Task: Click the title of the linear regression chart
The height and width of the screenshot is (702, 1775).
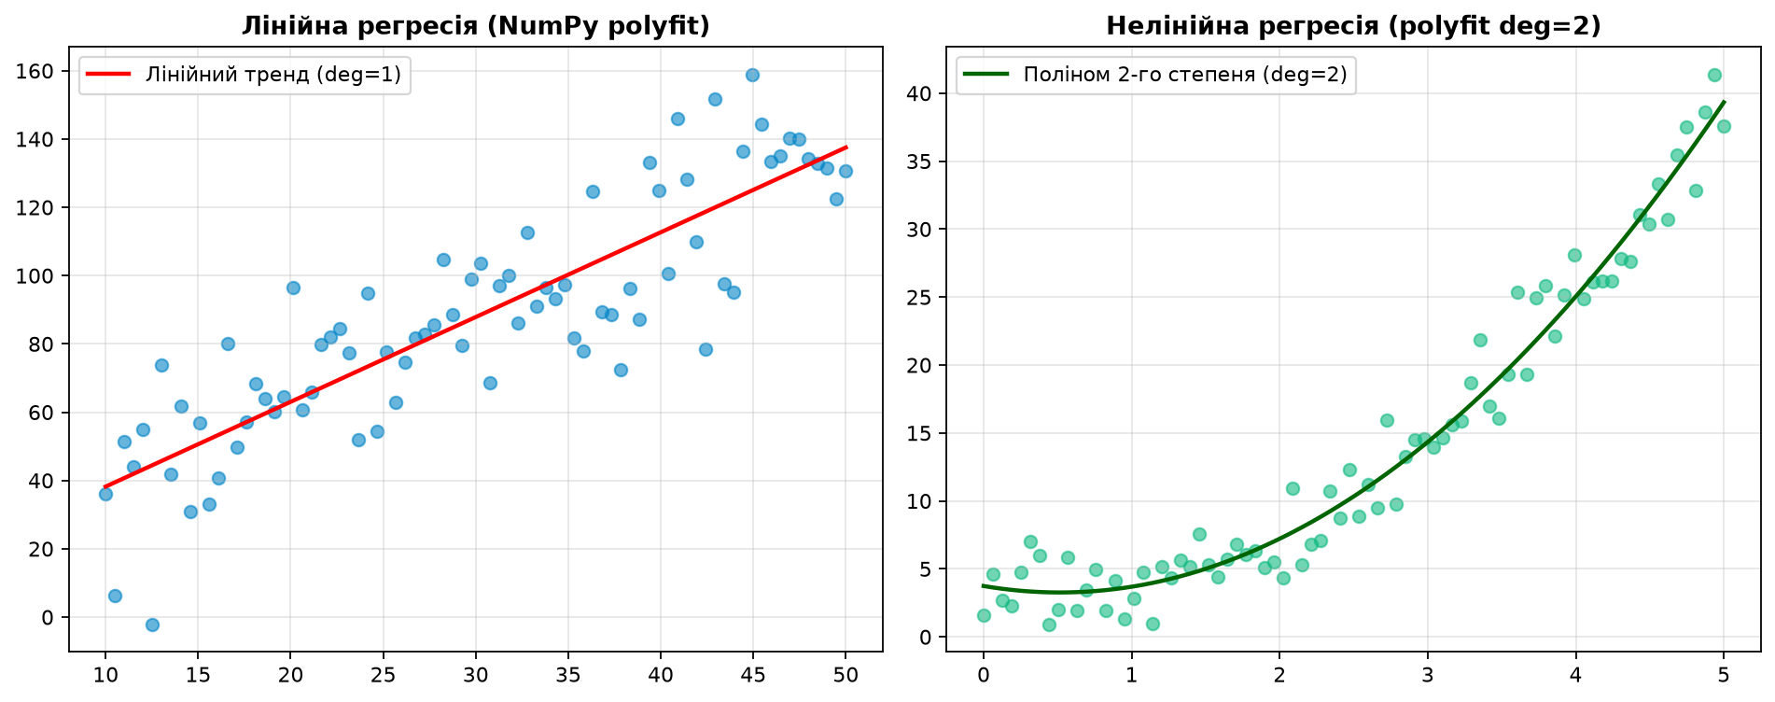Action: coord(476,26)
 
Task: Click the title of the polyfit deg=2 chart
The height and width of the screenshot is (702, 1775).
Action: coord(1353,26)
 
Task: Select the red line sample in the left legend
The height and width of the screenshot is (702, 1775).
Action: coord(110,75)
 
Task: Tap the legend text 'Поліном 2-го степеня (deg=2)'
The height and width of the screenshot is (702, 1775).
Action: coord(1185,75)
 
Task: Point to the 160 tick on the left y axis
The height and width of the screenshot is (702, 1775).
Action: coord(43,72)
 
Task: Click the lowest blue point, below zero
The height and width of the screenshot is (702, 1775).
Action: coord(152,625)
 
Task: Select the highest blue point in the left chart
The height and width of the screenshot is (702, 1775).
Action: coord(752,75)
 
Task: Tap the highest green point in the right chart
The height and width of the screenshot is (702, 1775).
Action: coord(1714,75)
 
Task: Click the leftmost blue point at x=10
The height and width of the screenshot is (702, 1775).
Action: coord(105,494)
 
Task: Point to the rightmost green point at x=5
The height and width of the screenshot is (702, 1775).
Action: coord(1724,126)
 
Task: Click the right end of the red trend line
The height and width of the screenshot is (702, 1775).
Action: coord(846,147)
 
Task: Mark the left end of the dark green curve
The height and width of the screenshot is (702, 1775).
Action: coord(984,586)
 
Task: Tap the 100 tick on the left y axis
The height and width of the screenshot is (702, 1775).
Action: coord(43,276)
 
